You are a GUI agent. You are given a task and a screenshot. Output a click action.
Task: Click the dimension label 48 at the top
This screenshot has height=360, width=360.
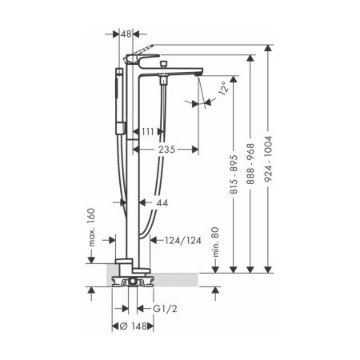pos(126,34)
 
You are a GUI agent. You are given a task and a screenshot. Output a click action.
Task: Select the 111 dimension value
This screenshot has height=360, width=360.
pos(150,130)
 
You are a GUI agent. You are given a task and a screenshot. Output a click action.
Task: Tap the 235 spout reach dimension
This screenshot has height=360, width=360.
pos(166,149)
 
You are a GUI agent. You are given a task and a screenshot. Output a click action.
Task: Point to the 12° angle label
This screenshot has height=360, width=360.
pos(232,86)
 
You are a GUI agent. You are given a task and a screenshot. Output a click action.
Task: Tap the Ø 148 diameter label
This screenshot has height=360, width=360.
pos(130,326)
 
